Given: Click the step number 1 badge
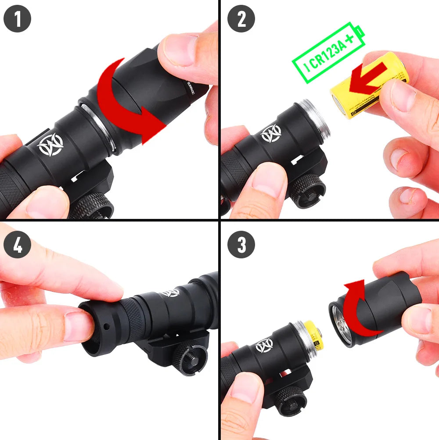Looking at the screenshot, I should (18, 19).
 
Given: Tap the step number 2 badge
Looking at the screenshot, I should (241, 19).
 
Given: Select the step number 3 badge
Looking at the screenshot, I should (241, 245).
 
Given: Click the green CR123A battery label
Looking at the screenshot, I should (328, 54).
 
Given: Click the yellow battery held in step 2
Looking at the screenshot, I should (369, 90).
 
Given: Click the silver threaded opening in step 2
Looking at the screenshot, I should (313, 120).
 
